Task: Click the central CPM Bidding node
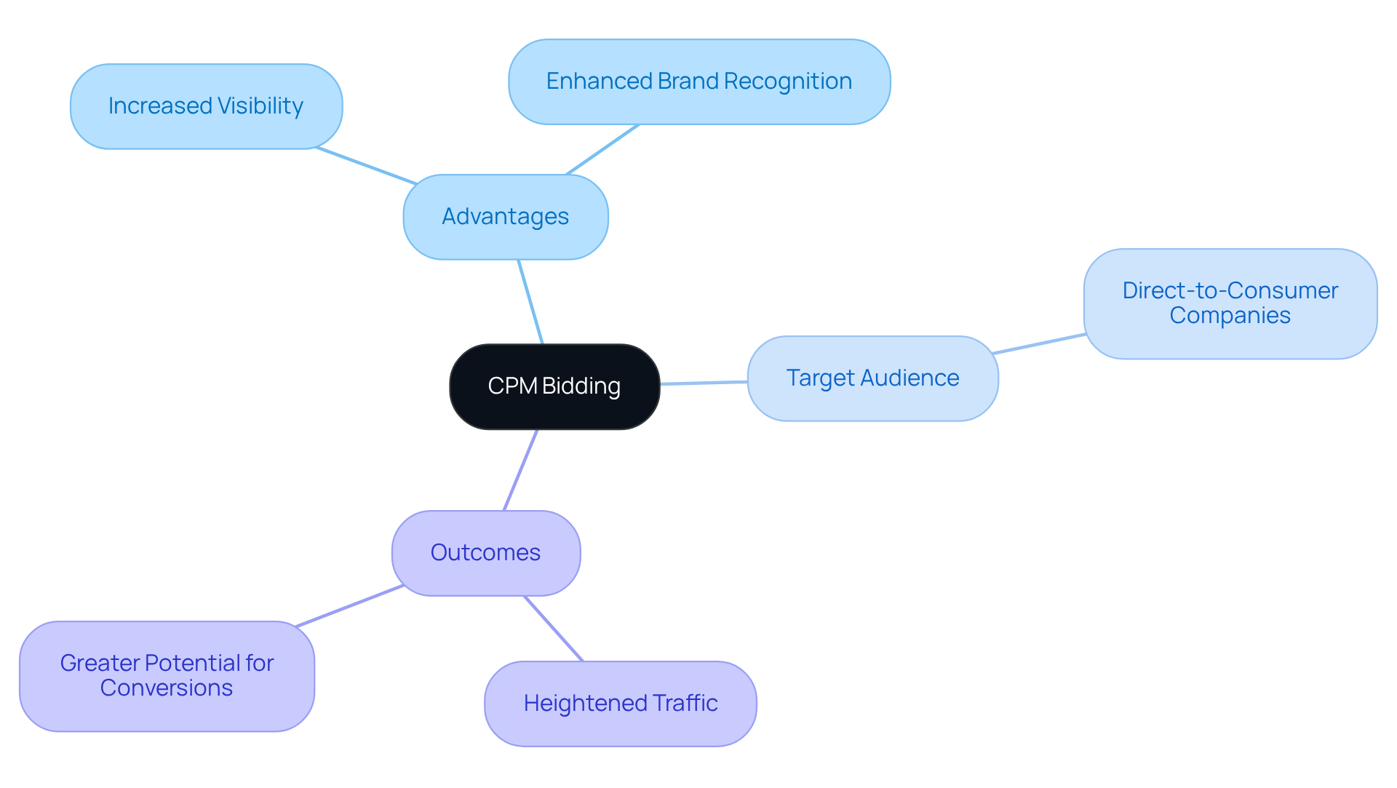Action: click(554, 386)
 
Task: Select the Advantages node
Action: click(506, 217)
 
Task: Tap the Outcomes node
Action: click(485, 553)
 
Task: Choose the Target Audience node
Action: click(872, 378)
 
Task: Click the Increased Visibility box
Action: click(206, 106)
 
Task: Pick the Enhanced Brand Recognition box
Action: click(698, 81)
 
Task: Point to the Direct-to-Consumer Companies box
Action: click(1230, 303)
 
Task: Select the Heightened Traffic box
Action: click(620, 704)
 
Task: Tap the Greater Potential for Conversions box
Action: click(167, 676)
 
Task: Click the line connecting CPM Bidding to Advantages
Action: click(530, 301)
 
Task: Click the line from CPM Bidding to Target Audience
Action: click(704, 383)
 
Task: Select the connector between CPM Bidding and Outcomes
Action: click(521, 470)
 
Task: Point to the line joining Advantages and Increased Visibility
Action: click(366, 166)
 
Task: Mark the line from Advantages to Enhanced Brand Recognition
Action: click(602, 149)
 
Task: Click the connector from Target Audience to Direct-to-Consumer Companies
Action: click(1039, 344)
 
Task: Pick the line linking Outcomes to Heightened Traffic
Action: click(554, 629)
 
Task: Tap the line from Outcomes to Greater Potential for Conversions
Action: click(349, 605)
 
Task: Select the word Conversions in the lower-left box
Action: click(167, 688)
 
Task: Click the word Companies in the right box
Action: click(1230, 316)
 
